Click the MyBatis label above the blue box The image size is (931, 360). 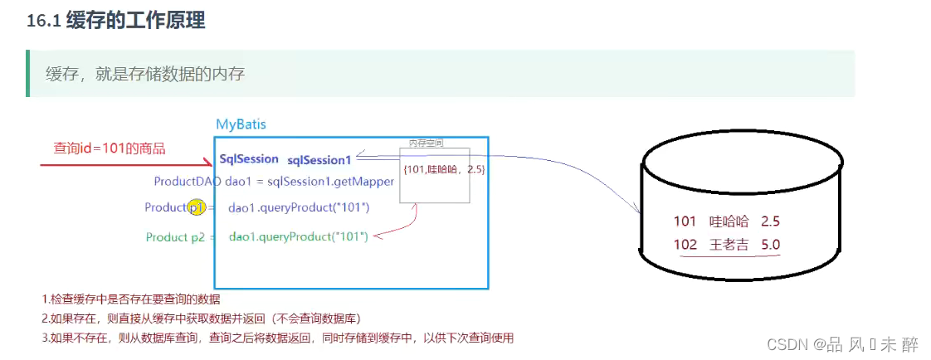pos(241,124)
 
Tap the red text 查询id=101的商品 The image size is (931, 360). pos(110,148)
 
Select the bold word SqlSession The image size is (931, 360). pos(249,158)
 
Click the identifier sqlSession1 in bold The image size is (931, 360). pos(319,159)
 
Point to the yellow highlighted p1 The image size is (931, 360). pos(197,207)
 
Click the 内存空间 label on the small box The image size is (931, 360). pos(427,144)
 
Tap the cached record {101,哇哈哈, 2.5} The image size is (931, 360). pos(444,169)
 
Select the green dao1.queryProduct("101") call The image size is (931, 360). pos(298,237)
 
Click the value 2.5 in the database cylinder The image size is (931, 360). pos(769,221)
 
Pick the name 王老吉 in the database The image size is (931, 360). pos(729,246)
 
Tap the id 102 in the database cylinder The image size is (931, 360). pos(685,246)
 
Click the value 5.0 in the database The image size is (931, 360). pos(769,246)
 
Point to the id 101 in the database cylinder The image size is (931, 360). pos(685,221)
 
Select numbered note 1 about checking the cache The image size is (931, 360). pos(131,299)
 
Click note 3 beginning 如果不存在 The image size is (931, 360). pos(278,338)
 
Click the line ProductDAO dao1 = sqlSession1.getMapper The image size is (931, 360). pos(274,182)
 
